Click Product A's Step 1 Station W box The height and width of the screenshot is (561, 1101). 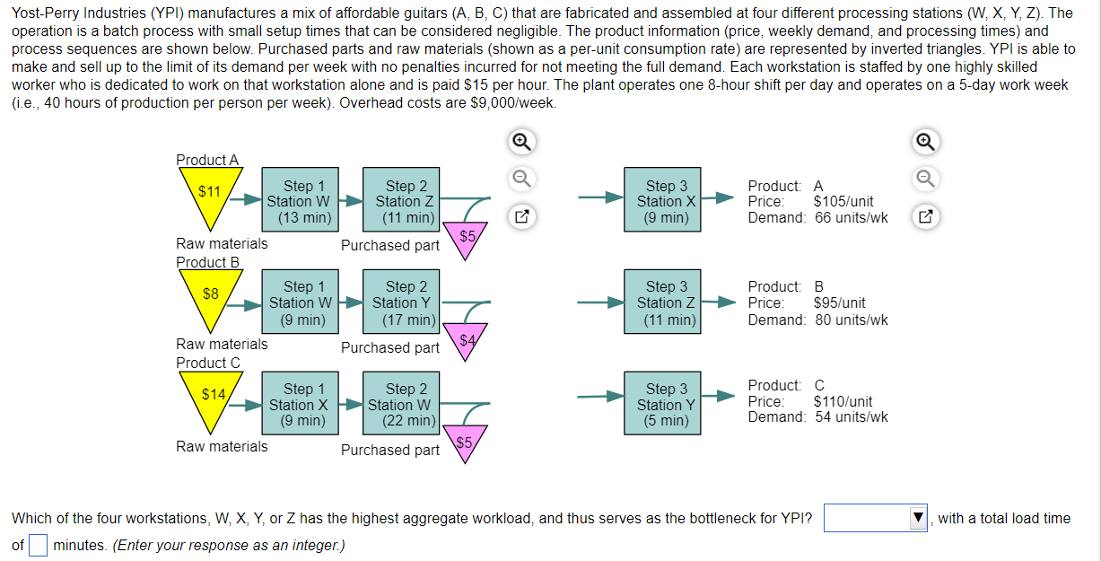coord(298,201)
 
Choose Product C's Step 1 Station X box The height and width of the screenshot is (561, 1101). coord(298,405)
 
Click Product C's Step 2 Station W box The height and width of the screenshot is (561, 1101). coord(400,405)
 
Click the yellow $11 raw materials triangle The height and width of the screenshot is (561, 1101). coord(210,198)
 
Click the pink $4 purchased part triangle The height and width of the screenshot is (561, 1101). coord(467,339)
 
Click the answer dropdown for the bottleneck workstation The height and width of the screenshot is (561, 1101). coord(876,519)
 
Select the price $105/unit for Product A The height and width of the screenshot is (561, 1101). coord(843,202)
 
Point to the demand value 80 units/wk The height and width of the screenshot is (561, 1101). coord(851,320)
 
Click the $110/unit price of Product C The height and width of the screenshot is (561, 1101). coord(843,401)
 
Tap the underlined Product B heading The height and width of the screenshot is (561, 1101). coord(208,262)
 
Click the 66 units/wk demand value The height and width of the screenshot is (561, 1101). coord(851,217)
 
